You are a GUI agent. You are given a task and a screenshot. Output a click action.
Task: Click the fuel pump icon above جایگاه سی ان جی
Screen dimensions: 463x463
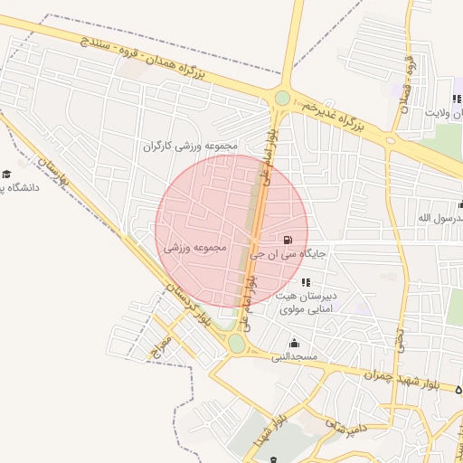click(x=288, y=241)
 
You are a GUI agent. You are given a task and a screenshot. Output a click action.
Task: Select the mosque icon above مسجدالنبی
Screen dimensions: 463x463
click(x=294, y=344)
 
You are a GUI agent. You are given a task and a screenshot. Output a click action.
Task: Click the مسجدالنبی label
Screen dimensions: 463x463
click(x=295, y=357)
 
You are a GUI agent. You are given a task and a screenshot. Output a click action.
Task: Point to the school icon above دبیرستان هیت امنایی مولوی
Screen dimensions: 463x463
click(x=304, y=283)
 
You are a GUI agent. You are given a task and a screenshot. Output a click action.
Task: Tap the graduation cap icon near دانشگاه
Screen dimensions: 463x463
click(x=7, y=173)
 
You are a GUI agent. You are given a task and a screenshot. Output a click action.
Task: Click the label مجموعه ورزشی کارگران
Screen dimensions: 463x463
click(x=189, y=146)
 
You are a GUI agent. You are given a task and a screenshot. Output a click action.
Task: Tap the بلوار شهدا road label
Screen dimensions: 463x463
click(x=277, y=421)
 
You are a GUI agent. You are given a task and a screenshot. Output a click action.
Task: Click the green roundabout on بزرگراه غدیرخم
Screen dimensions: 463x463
click(x=282, y=98)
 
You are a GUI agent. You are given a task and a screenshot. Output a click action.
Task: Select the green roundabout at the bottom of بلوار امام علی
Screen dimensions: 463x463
click(x=236, y=344)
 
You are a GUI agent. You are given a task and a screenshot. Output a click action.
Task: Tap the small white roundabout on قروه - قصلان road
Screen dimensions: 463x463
click(x=390, y=141)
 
